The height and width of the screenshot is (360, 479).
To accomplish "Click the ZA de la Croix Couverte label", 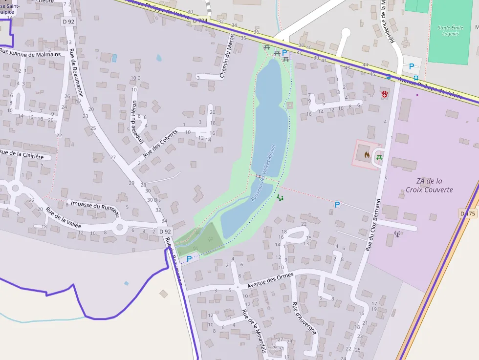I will click(x=429, y=185).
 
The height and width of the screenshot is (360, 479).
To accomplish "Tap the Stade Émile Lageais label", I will click(x=450, y=31).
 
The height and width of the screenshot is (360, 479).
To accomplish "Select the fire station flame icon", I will click(x=367, y=154).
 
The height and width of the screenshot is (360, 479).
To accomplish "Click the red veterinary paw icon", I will click(x=385, y=93).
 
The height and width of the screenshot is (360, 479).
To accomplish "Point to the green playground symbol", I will click(x=280, y=197).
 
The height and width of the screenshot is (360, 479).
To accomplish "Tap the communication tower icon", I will click(x=397, y=235).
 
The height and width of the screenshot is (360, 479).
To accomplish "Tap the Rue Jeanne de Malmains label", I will click(x=30, y=54).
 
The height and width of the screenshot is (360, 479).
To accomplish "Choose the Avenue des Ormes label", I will click(x=270, y=280).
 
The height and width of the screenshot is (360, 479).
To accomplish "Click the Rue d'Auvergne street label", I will click(x=304, y=318).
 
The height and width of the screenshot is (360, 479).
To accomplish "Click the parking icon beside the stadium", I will click(x=412, y=66).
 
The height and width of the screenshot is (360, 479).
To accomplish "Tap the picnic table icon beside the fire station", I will click(x=379, y=157).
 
